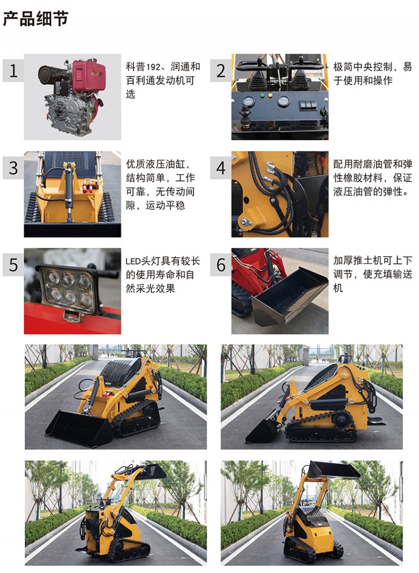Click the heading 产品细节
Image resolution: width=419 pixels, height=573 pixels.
tap(36, 19)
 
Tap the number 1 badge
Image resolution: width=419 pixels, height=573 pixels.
tap(14, 70)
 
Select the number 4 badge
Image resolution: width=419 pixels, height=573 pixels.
tap(220, 168)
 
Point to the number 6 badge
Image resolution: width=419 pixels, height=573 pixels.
tap(220, 265)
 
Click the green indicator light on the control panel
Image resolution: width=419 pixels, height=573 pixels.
tap(262, 95)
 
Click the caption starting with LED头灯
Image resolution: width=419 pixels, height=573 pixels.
tap(163, 274)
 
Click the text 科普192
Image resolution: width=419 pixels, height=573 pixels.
tap(143, 67)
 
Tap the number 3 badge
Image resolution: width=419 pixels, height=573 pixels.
tap(14, 168)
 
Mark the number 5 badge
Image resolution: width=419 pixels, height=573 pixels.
tap(14, 265)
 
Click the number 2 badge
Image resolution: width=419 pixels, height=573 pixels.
tap(220, 70)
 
